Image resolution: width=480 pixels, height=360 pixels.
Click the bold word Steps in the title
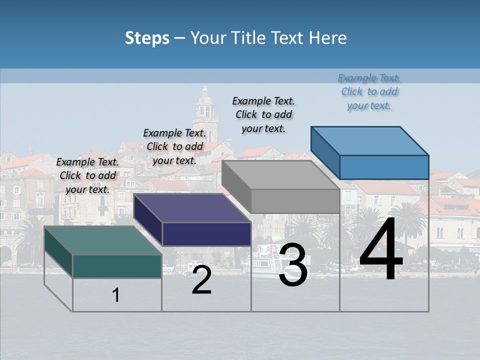[x=147, y=38]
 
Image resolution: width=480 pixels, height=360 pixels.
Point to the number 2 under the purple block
[x=201, y=280]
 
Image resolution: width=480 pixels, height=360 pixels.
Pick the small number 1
[x=116, y=295]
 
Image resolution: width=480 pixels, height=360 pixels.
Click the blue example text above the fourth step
[x=369, y=91]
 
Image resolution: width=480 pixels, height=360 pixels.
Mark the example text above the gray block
[x=263, y=114]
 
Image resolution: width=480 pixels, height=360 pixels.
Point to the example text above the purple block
[x=174, y=146]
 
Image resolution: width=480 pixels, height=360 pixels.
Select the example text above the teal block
[x=87, y=175]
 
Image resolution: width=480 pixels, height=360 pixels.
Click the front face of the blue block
[x=384, y=167]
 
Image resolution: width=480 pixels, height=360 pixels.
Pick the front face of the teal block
[x=117, y=266]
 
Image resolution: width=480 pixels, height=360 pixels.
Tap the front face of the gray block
[x=295, y=201]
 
